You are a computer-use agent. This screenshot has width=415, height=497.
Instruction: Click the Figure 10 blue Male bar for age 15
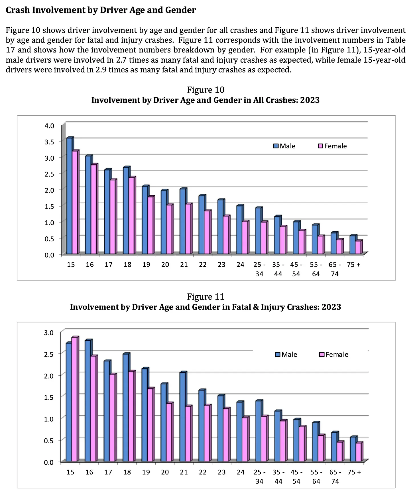[69, 196]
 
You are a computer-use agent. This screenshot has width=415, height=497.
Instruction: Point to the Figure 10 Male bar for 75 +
[353, 245]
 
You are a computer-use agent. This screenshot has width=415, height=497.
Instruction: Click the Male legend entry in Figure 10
[284, 146]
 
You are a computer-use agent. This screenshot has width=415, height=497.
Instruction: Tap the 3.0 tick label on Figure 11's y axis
[49, 332]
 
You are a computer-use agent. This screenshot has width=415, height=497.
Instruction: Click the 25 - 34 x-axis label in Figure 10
[259, 269]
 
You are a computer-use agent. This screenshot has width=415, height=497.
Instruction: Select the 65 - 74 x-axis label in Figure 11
[335, 476]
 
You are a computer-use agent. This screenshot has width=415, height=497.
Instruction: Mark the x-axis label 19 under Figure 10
[146, 265]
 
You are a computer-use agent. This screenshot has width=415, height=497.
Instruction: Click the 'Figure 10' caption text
[206, 90]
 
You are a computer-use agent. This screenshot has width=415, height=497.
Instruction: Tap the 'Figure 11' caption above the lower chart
[206, 297]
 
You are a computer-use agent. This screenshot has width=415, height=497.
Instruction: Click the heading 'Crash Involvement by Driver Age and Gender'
[101, 10]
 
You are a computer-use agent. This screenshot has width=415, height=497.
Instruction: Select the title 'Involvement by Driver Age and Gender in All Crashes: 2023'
[205, 100]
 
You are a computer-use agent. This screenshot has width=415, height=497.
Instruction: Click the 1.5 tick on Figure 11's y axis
[49, 397]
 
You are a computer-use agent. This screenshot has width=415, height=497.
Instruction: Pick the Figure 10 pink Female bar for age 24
[245, 238]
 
